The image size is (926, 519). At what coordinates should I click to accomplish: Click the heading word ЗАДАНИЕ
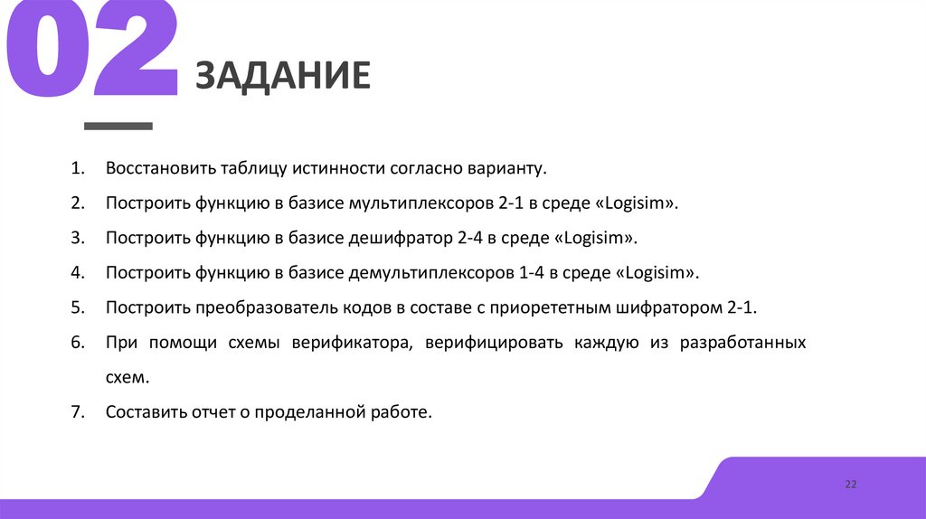pyautogui.click(x=283, y=77)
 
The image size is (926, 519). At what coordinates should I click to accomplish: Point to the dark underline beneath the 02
pyautogui.click(x=118, y=125)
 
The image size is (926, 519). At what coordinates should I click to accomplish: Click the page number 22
pyautogui.click(x=850, y=485)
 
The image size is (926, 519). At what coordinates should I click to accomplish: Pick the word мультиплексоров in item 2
pyautogui.click(x=420, y=203)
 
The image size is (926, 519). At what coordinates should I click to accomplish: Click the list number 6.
pyautogui.click(x=77, y=343)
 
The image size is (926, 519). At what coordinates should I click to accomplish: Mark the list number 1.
pyautogui.click(x=77, y=169)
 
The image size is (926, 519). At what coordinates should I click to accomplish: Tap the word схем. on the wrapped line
pyautogui.click(x=126, y=377)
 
